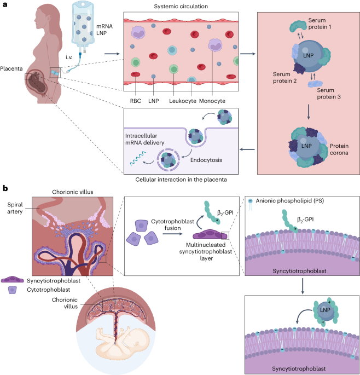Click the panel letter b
[5, 188]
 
